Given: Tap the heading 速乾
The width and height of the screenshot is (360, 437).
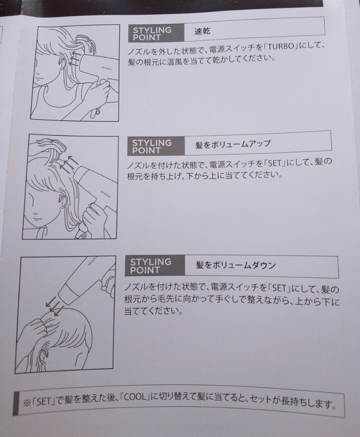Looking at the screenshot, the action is click(202, 32).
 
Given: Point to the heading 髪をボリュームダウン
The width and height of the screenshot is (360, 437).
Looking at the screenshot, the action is click(236, 266).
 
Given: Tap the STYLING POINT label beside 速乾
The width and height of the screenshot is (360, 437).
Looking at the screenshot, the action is click(152, 34).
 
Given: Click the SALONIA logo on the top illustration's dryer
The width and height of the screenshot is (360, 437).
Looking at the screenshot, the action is click(107, 68).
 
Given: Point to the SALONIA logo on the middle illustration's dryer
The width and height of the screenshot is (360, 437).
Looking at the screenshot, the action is click(106, 194).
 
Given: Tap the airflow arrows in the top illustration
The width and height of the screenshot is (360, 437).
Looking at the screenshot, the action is click(74, 59).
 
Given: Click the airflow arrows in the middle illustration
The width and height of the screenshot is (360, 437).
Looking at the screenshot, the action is click(69, 164).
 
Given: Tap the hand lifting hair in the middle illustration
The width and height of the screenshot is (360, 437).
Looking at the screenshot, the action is click(51, 146).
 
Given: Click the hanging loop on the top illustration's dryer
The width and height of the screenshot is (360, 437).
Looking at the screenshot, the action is click(97, 112).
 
